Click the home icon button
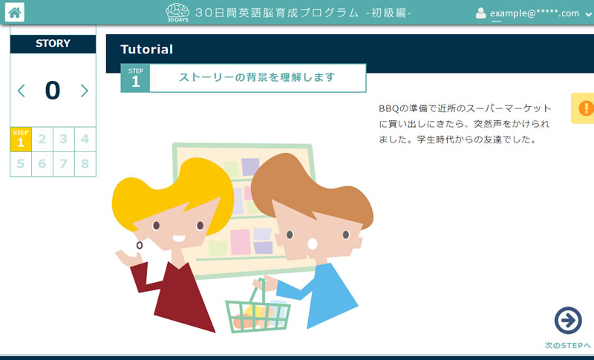(15, 13)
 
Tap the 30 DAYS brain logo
(177, 13)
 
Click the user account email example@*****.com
(535, 13)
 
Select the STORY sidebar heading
(53, 44)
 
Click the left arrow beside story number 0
(22, 91)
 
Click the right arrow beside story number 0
(84, 91)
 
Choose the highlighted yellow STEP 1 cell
(21, 140)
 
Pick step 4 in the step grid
(85, 139)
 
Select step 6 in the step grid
(42, 164)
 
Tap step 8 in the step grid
(85, 164)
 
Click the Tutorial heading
(146, 49)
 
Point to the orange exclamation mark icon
(586, 108)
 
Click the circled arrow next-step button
(568, 321)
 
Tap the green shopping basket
(258, 311)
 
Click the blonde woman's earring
(140, 245)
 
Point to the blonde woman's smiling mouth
(179, 238)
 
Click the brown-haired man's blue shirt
(319, 295)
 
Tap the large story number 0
(53, 91)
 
